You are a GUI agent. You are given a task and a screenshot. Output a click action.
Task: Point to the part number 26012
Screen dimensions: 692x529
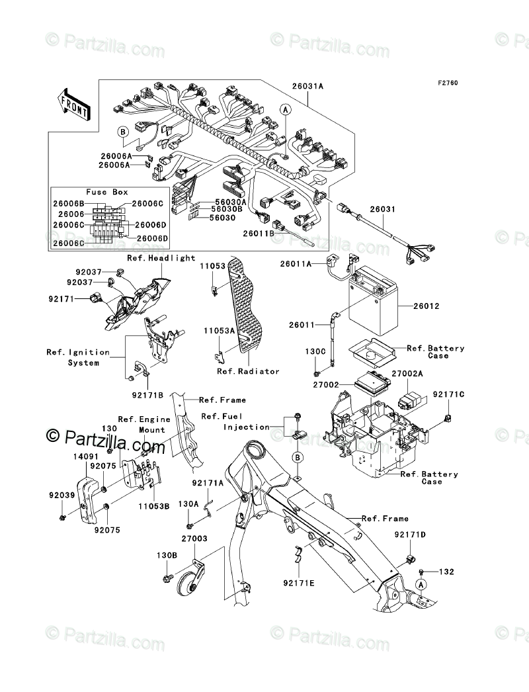click(427, 307)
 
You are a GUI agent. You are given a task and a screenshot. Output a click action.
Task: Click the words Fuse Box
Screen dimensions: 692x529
click(107, 192)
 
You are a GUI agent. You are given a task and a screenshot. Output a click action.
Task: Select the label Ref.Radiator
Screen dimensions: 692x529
click(248, 371)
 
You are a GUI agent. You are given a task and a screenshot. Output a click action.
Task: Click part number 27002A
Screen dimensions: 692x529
click(407, 374)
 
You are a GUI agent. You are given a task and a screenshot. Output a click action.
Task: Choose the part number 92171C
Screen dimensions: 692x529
click(449, 394)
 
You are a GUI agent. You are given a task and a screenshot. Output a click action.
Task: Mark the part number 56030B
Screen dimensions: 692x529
click(227, 210)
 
